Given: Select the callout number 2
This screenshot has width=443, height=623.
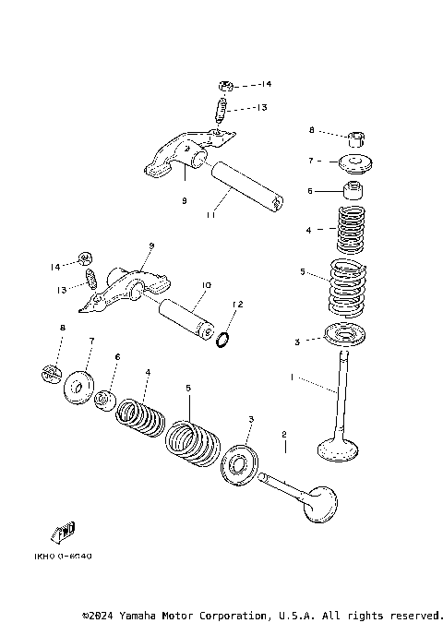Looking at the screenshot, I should point(284,434).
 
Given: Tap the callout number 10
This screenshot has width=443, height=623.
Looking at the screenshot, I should point(205,285).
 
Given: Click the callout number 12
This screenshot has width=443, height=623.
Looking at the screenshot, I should point(237,304).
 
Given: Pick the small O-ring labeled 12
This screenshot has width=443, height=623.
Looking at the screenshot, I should point(223,341).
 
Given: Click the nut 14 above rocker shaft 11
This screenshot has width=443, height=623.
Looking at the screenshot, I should point(225,85).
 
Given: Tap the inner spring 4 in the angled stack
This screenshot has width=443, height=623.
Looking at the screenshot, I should point(140,416).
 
